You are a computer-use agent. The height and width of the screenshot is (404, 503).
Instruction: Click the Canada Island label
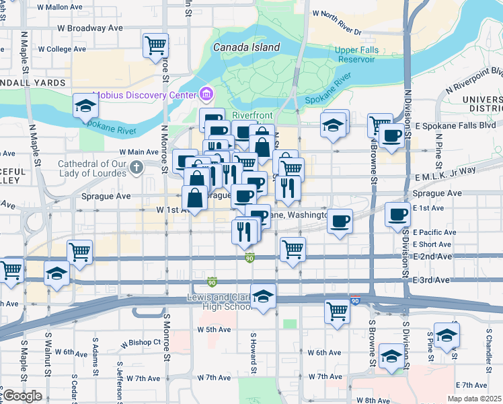[x=245, y=48]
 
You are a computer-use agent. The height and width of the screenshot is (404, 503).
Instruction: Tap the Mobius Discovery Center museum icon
[x=206, y=94]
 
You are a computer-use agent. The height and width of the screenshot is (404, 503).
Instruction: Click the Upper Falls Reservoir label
[x=355, y=55]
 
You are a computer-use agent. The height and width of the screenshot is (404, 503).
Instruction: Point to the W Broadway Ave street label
[x=90, y=28]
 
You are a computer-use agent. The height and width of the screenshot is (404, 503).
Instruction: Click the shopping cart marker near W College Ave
[x=155, y=46]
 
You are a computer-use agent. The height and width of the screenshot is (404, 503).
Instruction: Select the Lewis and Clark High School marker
[x=263, y=296]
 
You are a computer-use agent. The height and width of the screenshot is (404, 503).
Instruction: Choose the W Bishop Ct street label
[x=141, y=342]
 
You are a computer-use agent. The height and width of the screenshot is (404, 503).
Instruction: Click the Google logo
[x=22, y=396]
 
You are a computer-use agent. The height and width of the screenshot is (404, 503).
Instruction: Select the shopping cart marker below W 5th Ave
[x=337, y=311]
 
